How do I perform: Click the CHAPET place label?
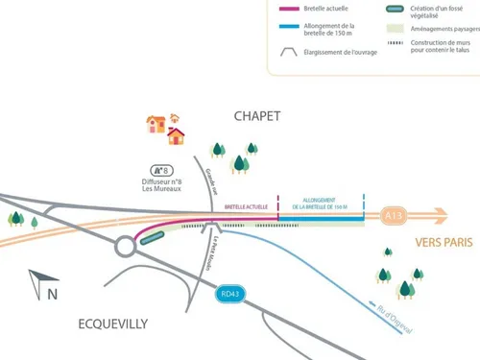[257, 115]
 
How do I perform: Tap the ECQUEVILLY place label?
[112, 324]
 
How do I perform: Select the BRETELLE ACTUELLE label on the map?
[247, 206]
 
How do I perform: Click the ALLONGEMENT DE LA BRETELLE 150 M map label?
[321, 204]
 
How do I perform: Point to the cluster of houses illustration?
[164, 129]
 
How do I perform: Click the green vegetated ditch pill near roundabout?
[150, 239]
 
